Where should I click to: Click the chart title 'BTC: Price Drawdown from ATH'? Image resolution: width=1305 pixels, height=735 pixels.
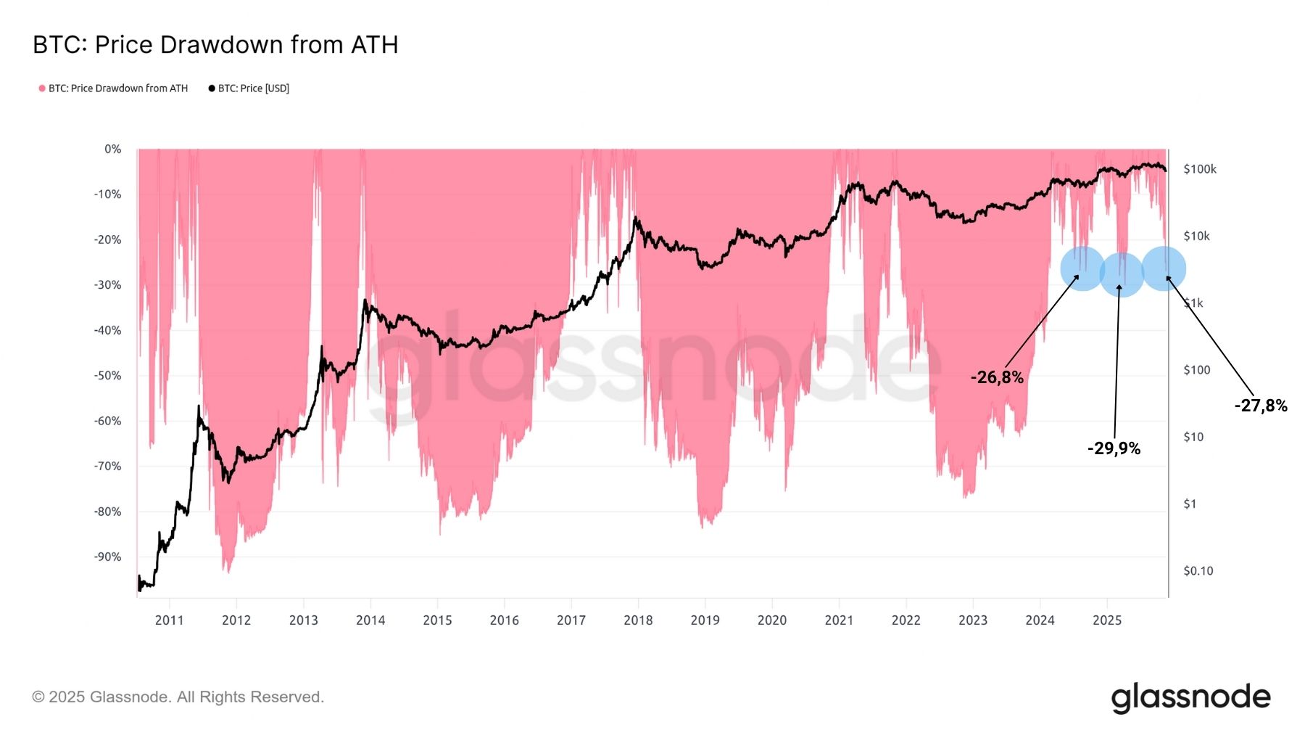(x=215, y=45)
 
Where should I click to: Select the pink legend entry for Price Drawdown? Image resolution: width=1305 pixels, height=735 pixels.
(x=113, y=89)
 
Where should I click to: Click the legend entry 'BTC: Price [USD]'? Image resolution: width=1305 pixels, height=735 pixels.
(x=249, y=89)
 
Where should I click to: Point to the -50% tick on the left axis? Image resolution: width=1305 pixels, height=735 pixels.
(x=107, y=376)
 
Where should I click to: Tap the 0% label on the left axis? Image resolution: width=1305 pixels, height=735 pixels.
(x=112, y=149)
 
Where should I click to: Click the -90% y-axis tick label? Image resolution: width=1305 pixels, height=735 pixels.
(x=107, y=557)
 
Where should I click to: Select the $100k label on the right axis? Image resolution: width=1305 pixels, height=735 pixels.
(x=1200, y=169)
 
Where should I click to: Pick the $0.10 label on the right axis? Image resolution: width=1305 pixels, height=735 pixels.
(x=1198, y=571)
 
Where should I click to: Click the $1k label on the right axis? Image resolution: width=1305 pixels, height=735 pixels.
(x=1193, y=303)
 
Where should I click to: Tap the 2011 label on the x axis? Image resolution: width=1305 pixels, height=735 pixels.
(x=169, y=620)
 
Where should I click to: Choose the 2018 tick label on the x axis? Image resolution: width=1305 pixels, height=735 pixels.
(x=638, y=620)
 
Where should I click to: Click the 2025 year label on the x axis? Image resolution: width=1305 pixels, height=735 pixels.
(x=1106, y=620)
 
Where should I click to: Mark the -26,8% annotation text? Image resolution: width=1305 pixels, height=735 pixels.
(x=997, y=377)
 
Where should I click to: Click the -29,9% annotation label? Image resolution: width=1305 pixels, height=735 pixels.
(x=1114, y=448)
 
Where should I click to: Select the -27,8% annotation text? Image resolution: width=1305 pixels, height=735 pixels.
(x=1261, y=406)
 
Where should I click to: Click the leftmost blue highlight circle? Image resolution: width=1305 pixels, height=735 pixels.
(x=1082, y=269)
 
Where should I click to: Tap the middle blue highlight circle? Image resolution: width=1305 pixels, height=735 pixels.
(x=1122, y=274)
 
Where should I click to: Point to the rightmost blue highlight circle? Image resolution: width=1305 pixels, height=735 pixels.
(x=1164, y=268)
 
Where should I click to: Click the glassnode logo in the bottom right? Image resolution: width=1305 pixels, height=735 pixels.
(x=1190, y=697)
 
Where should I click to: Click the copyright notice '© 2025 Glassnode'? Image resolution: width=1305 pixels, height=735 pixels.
(x=178, y=697)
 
